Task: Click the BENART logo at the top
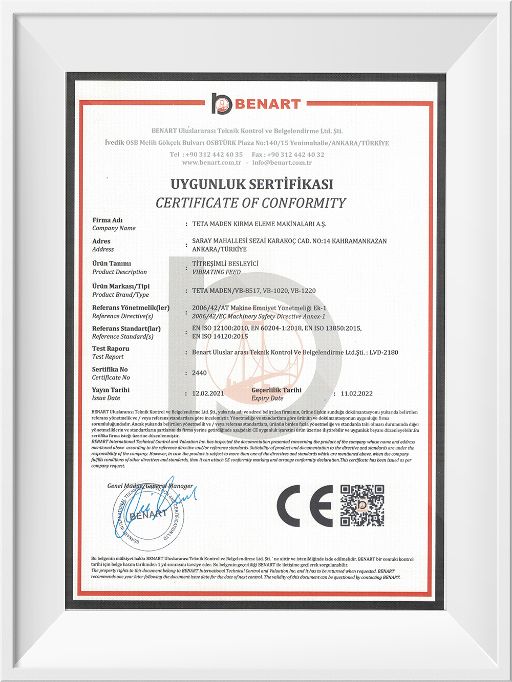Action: [x=256, y=104]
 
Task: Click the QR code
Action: [x=362, y=505]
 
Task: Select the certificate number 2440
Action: [x=199, y=373]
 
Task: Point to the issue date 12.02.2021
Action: [x=208, y=393]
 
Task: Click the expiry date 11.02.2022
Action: [x=356, y=393]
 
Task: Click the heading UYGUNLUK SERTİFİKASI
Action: [x=252, y=184]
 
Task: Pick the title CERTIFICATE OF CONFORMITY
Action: [x=251, y=203]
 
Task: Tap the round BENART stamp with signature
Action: [x=148, y=514]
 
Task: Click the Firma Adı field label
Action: [x=108, y=220]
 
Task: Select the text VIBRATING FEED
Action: [x=216, y=272]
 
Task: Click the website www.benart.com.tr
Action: [x=211, y=163]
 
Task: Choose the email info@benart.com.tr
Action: [x=282, y=163]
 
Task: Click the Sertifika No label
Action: [x=110, y=369]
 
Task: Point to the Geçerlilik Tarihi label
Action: [x=276, y=390]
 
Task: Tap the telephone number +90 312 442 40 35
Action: [x=214, y=155]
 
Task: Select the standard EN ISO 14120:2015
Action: [x=220, y=336]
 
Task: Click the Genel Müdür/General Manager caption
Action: [x=150, y=486]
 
